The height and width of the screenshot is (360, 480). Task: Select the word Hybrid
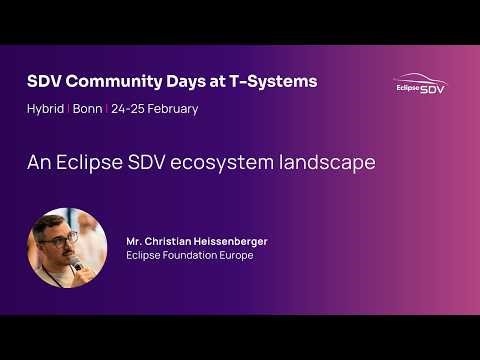[x=45, y=108]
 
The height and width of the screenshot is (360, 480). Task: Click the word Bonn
[x=88, y=108]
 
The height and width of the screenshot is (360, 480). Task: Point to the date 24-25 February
[x=155, y=108]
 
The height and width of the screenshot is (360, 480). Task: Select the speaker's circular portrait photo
[x=67, y=248]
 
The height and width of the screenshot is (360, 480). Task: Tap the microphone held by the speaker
[x=76, y=264]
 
